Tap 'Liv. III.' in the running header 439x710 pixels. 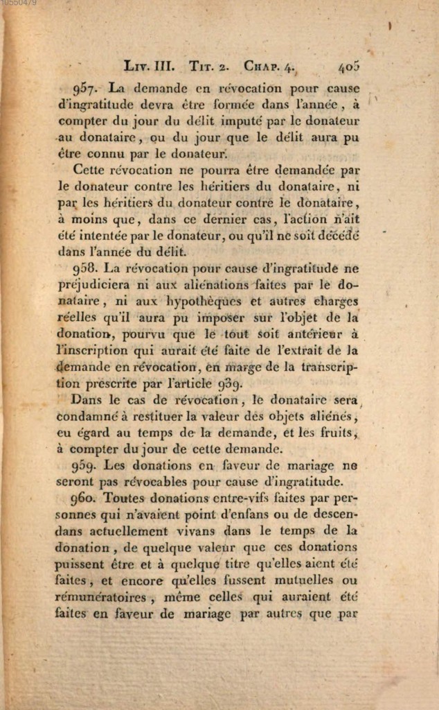tap(147, 67)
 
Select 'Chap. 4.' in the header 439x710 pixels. tap(269, 67)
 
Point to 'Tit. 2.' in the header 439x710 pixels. tap(208, 67)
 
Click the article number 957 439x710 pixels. tap(88, 89)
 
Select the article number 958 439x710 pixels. tap(88, 268)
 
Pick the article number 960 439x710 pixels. tap(87, 498)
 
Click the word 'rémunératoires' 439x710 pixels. tap(100, 597)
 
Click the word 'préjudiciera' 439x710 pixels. tap(98, 284)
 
